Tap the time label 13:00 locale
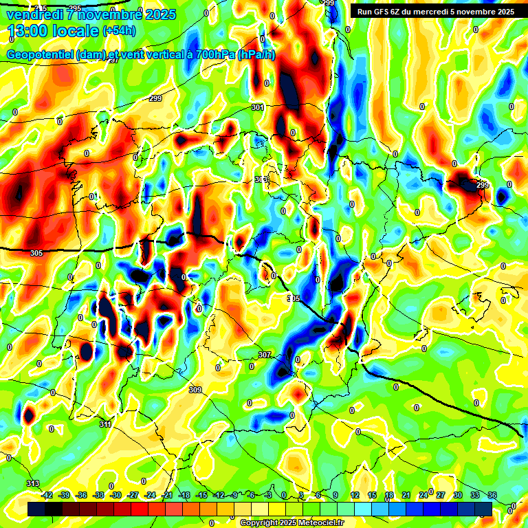tap(52, 31)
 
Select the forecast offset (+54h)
tap(119, 31)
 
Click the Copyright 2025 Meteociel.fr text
tap(291, 523)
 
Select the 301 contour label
tap(258, 107)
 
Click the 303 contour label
tap(261, 179)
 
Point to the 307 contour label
tap(265, 355)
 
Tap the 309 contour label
tap(195, 390)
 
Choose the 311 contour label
tap(105, 424)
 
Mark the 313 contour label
tap(33, 483)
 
